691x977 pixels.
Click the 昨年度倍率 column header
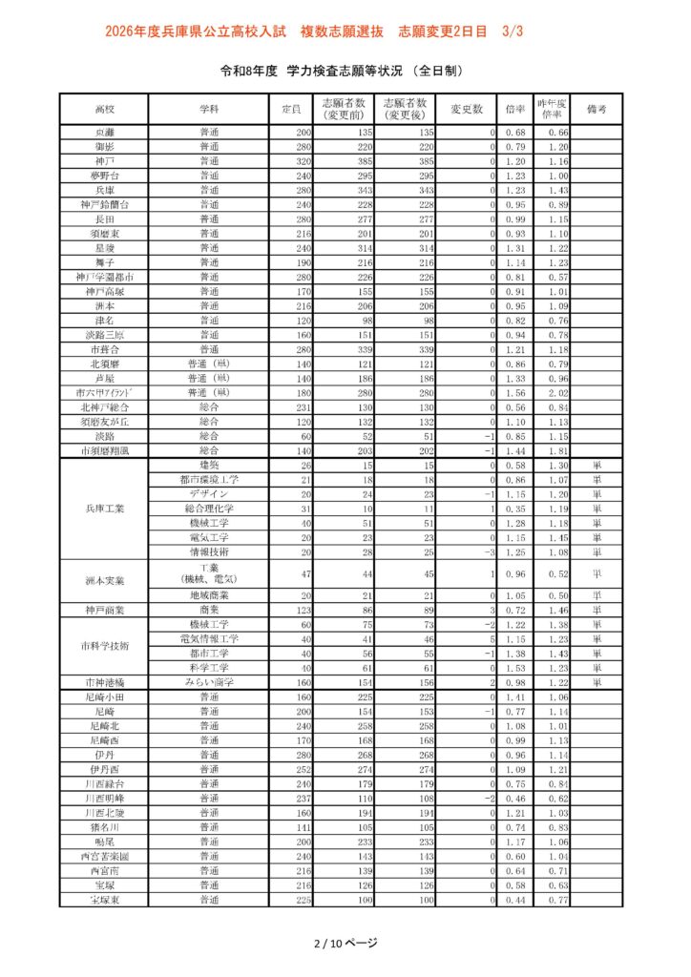pos(552,109)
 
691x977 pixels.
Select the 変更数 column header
pos(468,109)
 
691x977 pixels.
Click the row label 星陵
pos(104,248)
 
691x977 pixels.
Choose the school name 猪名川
pos(104,826)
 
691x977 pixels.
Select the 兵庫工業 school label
pos(104,509)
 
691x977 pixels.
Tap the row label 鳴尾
pos(104,842)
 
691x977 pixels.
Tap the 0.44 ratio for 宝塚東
pos(515,900)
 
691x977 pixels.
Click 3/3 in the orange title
pos(513,31)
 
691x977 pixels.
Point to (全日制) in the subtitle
pos(438,71)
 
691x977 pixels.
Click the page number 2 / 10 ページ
pos(345,943)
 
